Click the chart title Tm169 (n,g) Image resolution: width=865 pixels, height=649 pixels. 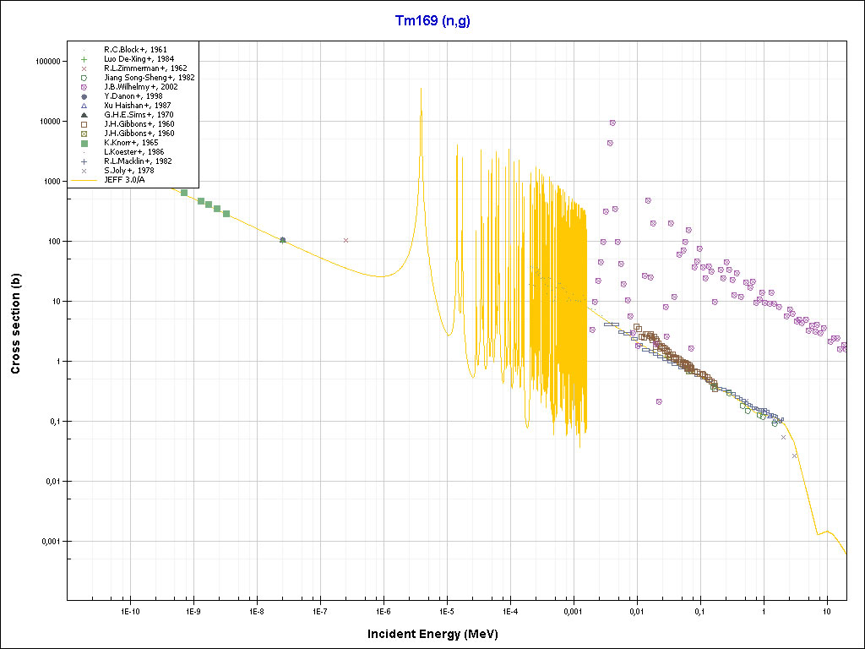[432, 21]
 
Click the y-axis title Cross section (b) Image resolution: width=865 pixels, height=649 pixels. [16, 324]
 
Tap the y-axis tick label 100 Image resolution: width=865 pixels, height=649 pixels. [51, 242]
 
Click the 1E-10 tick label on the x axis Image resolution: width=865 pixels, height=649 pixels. [129, 611]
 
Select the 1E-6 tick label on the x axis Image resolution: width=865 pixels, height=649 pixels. [383, 611]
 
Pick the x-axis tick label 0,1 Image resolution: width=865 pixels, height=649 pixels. [700, 611]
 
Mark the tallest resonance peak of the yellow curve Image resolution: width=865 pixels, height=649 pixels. [421, 89]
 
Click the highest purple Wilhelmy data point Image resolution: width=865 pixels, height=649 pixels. [612, 123]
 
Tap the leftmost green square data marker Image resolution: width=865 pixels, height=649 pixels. [184, 193]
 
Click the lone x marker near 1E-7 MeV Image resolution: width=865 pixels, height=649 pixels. [345, 240]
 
